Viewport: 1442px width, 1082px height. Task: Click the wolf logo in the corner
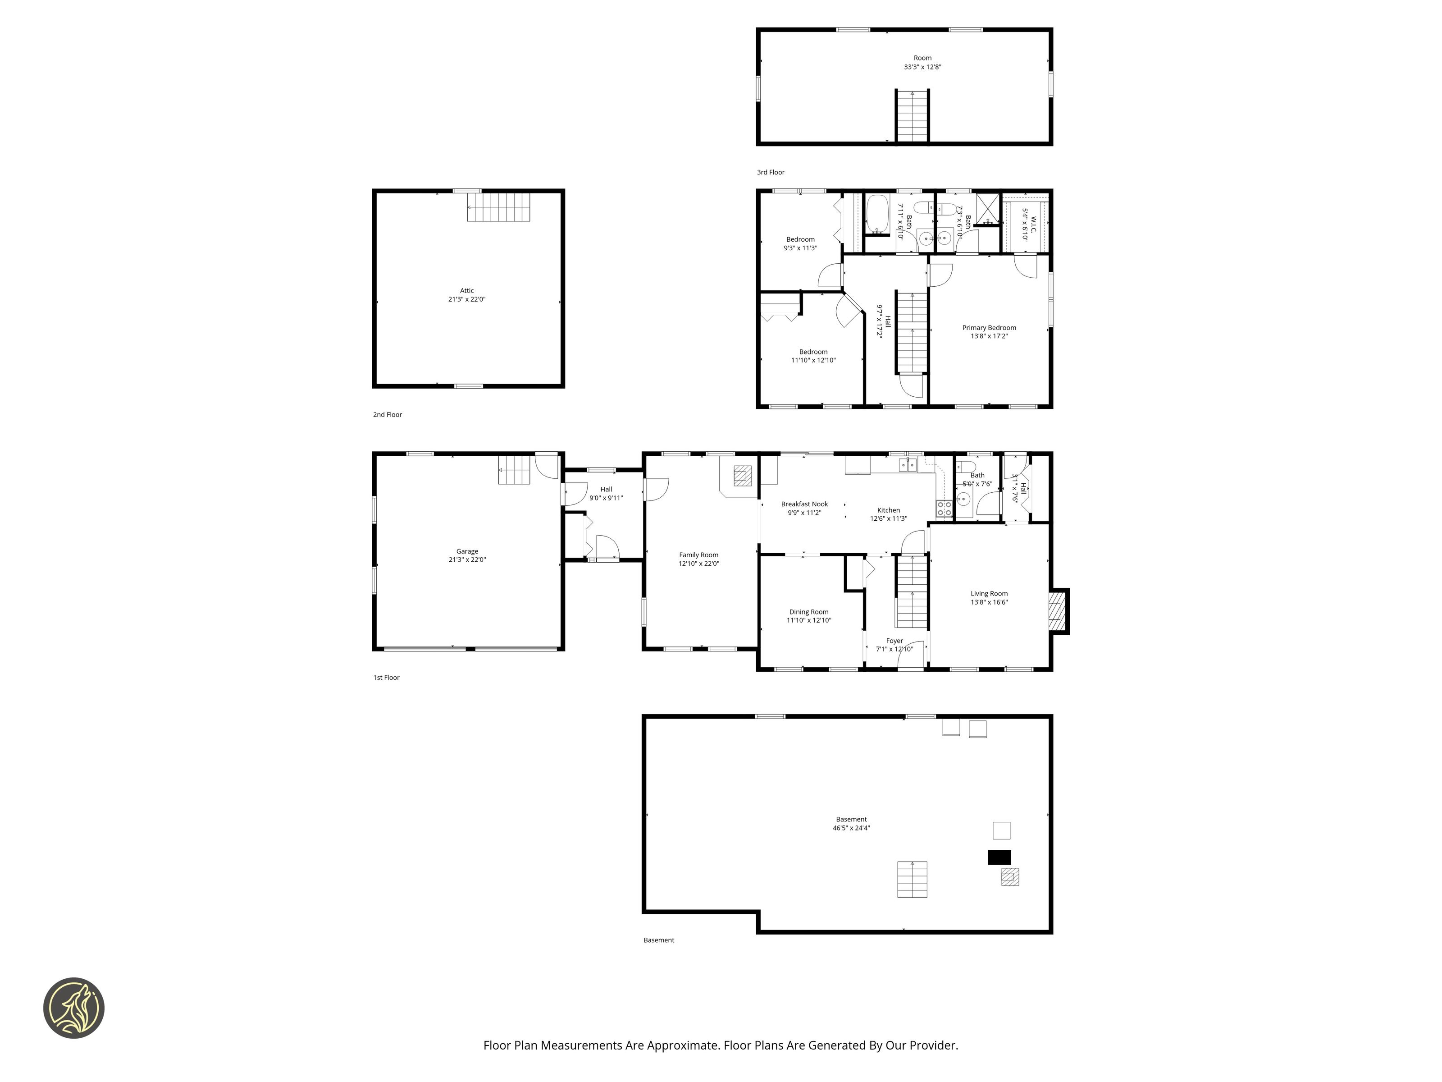click(x=73, y=1008)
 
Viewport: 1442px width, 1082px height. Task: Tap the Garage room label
click(x=467, y=551)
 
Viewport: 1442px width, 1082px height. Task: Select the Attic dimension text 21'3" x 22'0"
click(x=467, y=299)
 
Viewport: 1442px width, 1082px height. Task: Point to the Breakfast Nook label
click(x=804, y=504)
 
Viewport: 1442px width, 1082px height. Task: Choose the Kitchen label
click(x=889, y=510)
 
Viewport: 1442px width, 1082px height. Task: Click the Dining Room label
click(x=809, y=612)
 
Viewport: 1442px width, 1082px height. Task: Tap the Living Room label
click(x=989, y=593)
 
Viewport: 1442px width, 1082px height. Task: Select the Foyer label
click(x=894, y=641)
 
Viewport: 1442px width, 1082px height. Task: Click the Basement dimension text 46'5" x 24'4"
click(x=851, y=828)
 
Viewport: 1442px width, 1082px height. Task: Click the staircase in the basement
click(x=912, y=879)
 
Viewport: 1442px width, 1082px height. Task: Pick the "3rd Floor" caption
click(x=771, y=172)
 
